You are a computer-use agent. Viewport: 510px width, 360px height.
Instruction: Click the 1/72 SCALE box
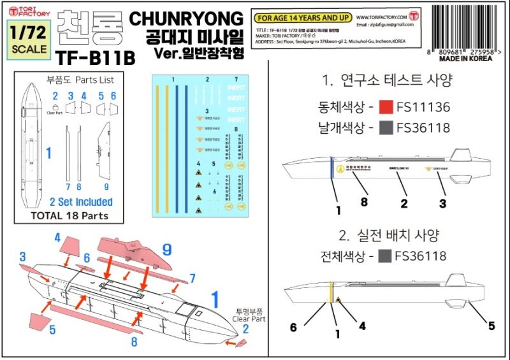click(29, 40)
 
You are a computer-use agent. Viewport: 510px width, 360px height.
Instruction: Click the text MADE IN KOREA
click(466, 58)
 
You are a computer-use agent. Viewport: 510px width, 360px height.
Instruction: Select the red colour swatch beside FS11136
click(385, 106)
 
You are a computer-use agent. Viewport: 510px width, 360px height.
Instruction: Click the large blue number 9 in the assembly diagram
click(167, 249)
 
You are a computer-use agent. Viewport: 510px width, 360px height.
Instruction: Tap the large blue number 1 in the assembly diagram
click(215, 299)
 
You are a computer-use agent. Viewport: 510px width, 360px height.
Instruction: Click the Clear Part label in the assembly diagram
click(249, 319)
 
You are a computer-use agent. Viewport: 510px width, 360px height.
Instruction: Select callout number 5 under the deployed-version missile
click(492, 326)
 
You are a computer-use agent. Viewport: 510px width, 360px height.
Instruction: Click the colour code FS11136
click(423, 106)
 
